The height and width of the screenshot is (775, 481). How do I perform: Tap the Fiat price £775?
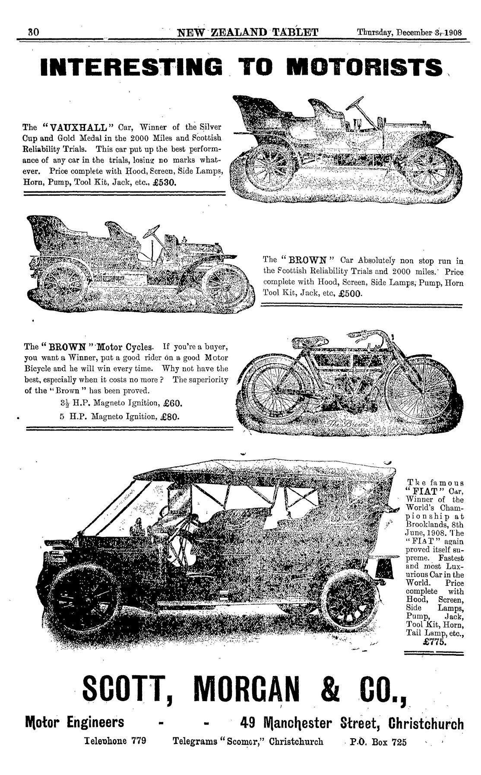click(435, 642)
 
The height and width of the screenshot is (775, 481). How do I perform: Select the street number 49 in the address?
click(247, 723)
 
